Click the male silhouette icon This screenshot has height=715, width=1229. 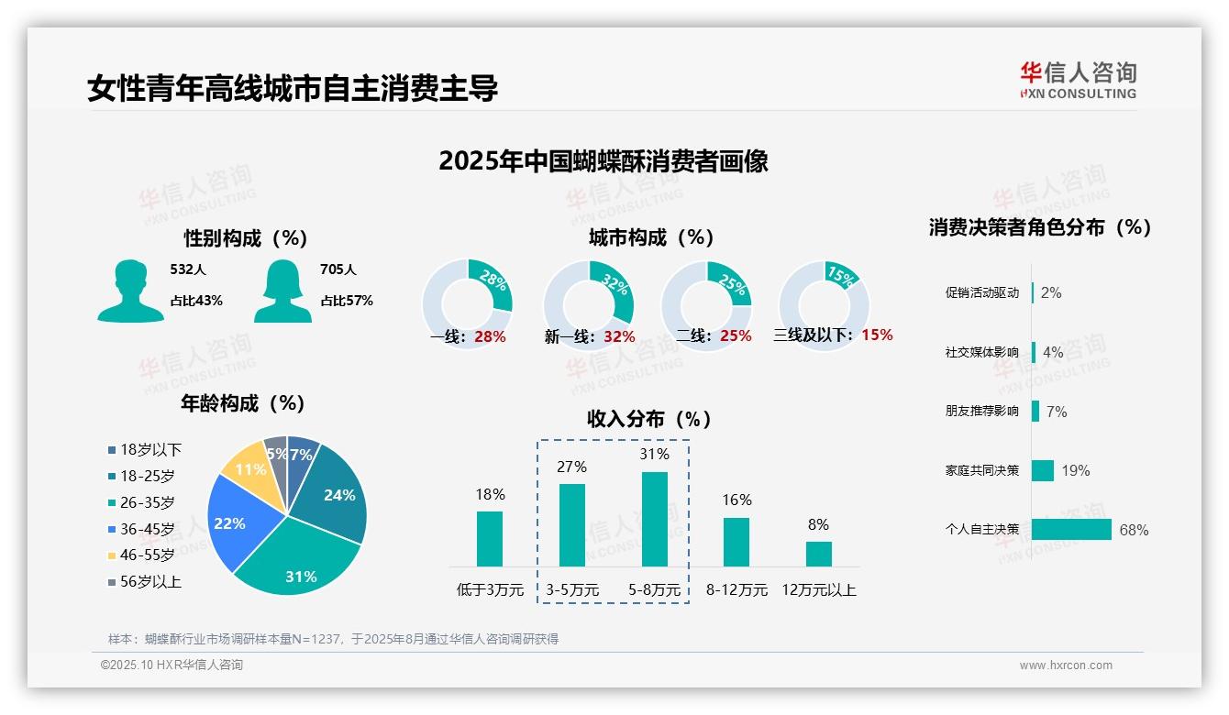(130, 291)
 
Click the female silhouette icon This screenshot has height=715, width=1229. (282, 291)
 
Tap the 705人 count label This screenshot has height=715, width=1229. (338, 269)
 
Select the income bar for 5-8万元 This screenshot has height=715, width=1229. (655, 519)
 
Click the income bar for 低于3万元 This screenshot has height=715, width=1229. (490, 538)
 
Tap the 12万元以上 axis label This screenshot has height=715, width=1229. (819, 590)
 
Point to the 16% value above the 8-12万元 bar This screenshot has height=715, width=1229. (736, 500)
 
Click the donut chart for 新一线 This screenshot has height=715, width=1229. (589, 304)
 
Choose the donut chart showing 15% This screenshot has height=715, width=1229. (824, 304)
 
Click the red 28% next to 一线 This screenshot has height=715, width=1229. (490, 336)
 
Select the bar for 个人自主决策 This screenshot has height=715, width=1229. (1071, 529)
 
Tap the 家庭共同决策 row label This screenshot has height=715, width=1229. (982, 470)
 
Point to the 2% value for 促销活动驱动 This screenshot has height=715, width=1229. (1051, 292)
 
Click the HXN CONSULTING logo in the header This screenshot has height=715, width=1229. (1078, 80)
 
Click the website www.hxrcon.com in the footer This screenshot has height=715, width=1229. (1066, 665)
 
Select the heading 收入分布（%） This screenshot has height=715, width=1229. (649, 419)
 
